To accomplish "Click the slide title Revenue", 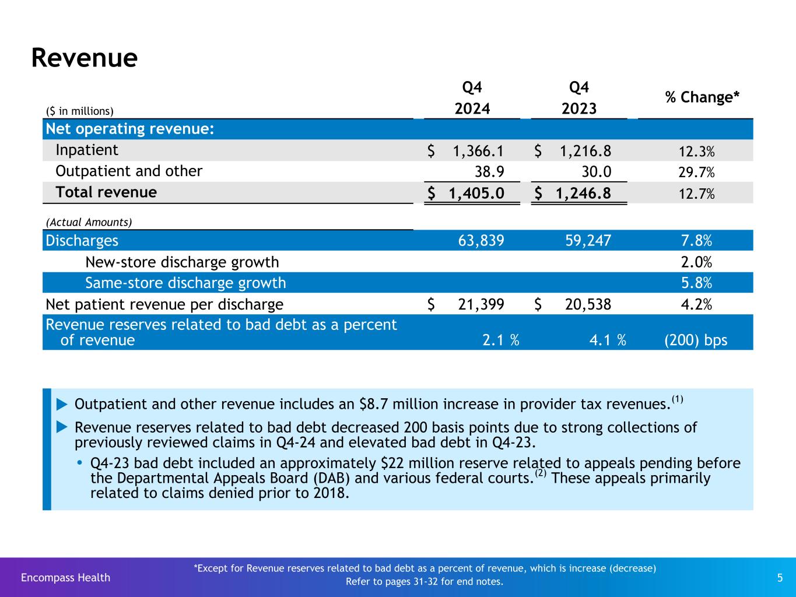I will click(84, 58).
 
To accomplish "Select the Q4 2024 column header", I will click(472, 98).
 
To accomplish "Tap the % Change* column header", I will click(702, 97).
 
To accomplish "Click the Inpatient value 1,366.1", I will click(478, 151).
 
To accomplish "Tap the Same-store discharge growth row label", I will click(185, 283).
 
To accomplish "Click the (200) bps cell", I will click(696, 340).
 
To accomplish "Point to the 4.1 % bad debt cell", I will click(607, 340).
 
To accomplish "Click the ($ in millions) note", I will click(80, 111).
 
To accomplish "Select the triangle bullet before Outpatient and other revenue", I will click(62, 403).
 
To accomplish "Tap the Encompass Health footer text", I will click(65, 577).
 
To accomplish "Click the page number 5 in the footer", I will click(780, 578).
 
